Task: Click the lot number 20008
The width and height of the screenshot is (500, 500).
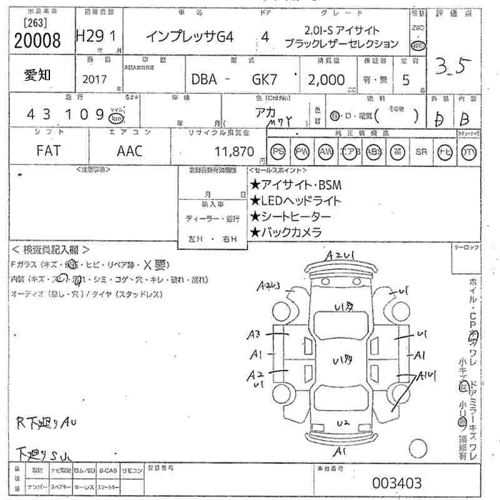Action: [37, 41]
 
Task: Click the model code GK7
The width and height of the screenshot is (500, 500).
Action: [264, 80]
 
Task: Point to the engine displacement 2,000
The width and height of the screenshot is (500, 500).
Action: [326, 79]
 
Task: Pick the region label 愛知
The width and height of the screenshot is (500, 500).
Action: [38, 74]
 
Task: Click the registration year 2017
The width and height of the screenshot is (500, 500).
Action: [94, 80]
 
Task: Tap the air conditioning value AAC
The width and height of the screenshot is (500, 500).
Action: [129, 151]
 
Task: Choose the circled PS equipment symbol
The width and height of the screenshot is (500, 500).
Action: [278, 152]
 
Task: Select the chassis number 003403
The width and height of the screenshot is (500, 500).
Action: [397, 483]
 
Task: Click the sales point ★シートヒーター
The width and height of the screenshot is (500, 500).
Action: [291, 216]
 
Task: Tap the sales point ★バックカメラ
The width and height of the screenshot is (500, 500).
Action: [286, 232]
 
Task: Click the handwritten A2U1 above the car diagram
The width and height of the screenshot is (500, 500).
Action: [340, 256]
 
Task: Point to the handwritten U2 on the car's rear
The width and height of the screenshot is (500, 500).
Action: [341, 424]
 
